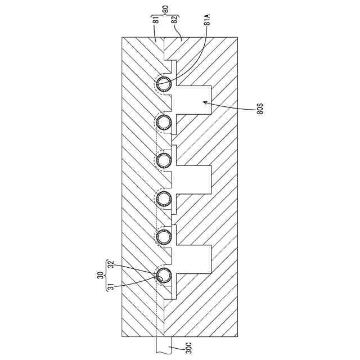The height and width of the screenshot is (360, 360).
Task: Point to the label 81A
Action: coord(208,23)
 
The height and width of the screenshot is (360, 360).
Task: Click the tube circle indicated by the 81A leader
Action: coord(164,85)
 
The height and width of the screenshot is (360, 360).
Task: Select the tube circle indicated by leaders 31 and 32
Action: coord(164,275)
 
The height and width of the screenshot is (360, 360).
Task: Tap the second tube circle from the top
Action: coord(164,121)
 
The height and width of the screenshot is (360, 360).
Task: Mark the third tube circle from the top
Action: coord(164,160)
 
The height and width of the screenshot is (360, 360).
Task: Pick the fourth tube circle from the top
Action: coord(164,198)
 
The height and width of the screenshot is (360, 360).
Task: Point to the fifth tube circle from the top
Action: coord(164,236)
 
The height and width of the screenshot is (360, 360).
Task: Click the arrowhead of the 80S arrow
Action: coord(204,102)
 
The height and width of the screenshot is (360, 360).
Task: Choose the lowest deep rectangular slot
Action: coord(194,260)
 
